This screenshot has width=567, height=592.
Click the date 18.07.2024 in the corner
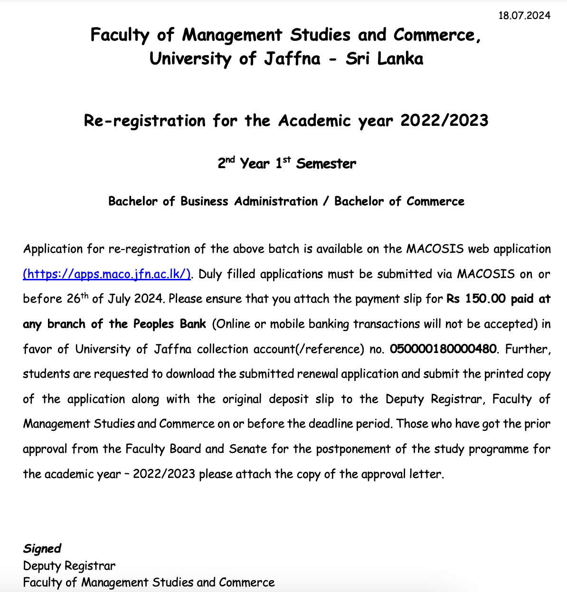(x=524, y=16)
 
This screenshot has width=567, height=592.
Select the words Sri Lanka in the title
(x=384, y=59)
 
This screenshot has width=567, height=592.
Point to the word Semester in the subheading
(x=326, y=164)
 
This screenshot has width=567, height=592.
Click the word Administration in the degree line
(x=276, y=201)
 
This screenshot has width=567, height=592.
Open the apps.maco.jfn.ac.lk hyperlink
(x=107, y=274)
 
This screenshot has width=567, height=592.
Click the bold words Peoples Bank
(x=170, y=324)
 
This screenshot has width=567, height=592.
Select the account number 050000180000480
(x=443, y=349)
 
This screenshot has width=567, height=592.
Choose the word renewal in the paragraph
(x=318, y=374)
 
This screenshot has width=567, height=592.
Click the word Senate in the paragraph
(x=247, y=449)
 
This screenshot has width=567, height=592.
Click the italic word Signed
(x=42, y=549)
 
